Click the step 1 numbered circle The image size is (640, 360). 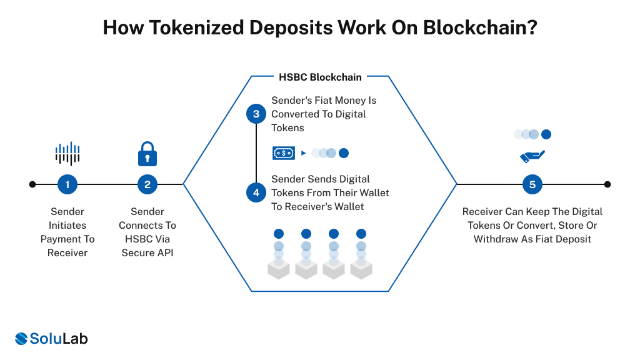point(67,184)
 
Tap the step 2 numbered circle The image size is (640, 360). point(147,184)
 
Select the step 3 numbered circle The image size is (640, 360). point(256,114)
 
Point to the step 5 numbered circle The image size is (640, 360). point(532,184)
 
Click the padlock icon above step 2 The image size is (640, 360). point(147,153)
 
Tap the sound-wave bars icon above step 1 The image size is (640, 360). point(67,153)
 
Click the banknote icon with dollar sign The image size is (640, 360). point(283,152)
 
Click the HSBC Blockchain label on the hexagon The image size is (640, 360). point(319,77)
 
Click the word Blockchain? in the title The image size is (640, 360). point(480,28)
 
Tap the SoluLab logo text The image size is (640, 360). point(59,339)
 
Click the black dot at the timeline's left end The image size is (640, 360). point(32,184)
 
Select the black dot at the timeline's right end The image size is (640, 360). point(607,184)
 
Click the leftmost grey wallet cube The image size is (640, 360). point(279,269)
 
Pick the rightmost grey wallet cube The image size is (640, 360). point(361,269)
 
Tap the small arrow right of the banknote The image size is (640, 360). point(303,153)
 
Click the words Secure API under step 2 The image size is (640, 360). point(147,252)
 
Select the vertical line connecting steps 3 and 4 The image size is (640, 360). point(256,153)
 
